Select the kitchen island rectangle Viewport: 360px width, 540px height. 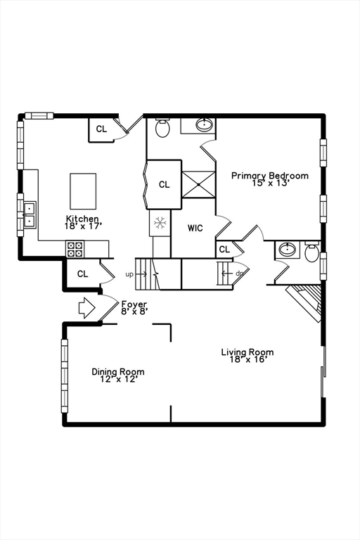pyautogui.click(x=82, y=191)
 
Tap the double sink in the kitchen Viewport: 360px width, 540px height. pyautogui.click(x=30, y=214)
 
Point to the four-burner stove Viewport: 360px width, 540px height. pyautogui.click(x=75, y=249)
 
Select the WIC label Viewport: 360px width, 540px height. pyautogui.click(x=195, y=229)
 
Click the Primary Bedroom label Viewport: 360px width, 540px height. pyautogui.click(x=269, y=176)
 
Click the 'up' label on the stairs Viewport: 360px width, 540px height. pyautogui.click(x=129, y=274)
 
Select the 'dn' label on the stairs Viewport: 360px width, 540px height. pyautogui.click(x=240, y=274)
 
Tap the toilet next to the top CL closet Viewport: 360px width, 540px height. pyautogui.click(x=162, y=128)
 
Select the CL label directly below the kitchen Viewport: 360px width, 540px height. pyautogui.click(x=82, y=274)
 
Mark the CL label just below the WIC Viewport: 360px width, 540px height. pyautogui.click(x=224, y=250)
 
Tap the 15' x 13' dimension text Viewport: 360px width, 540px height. pyautogui.click(x=269, y=184)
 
